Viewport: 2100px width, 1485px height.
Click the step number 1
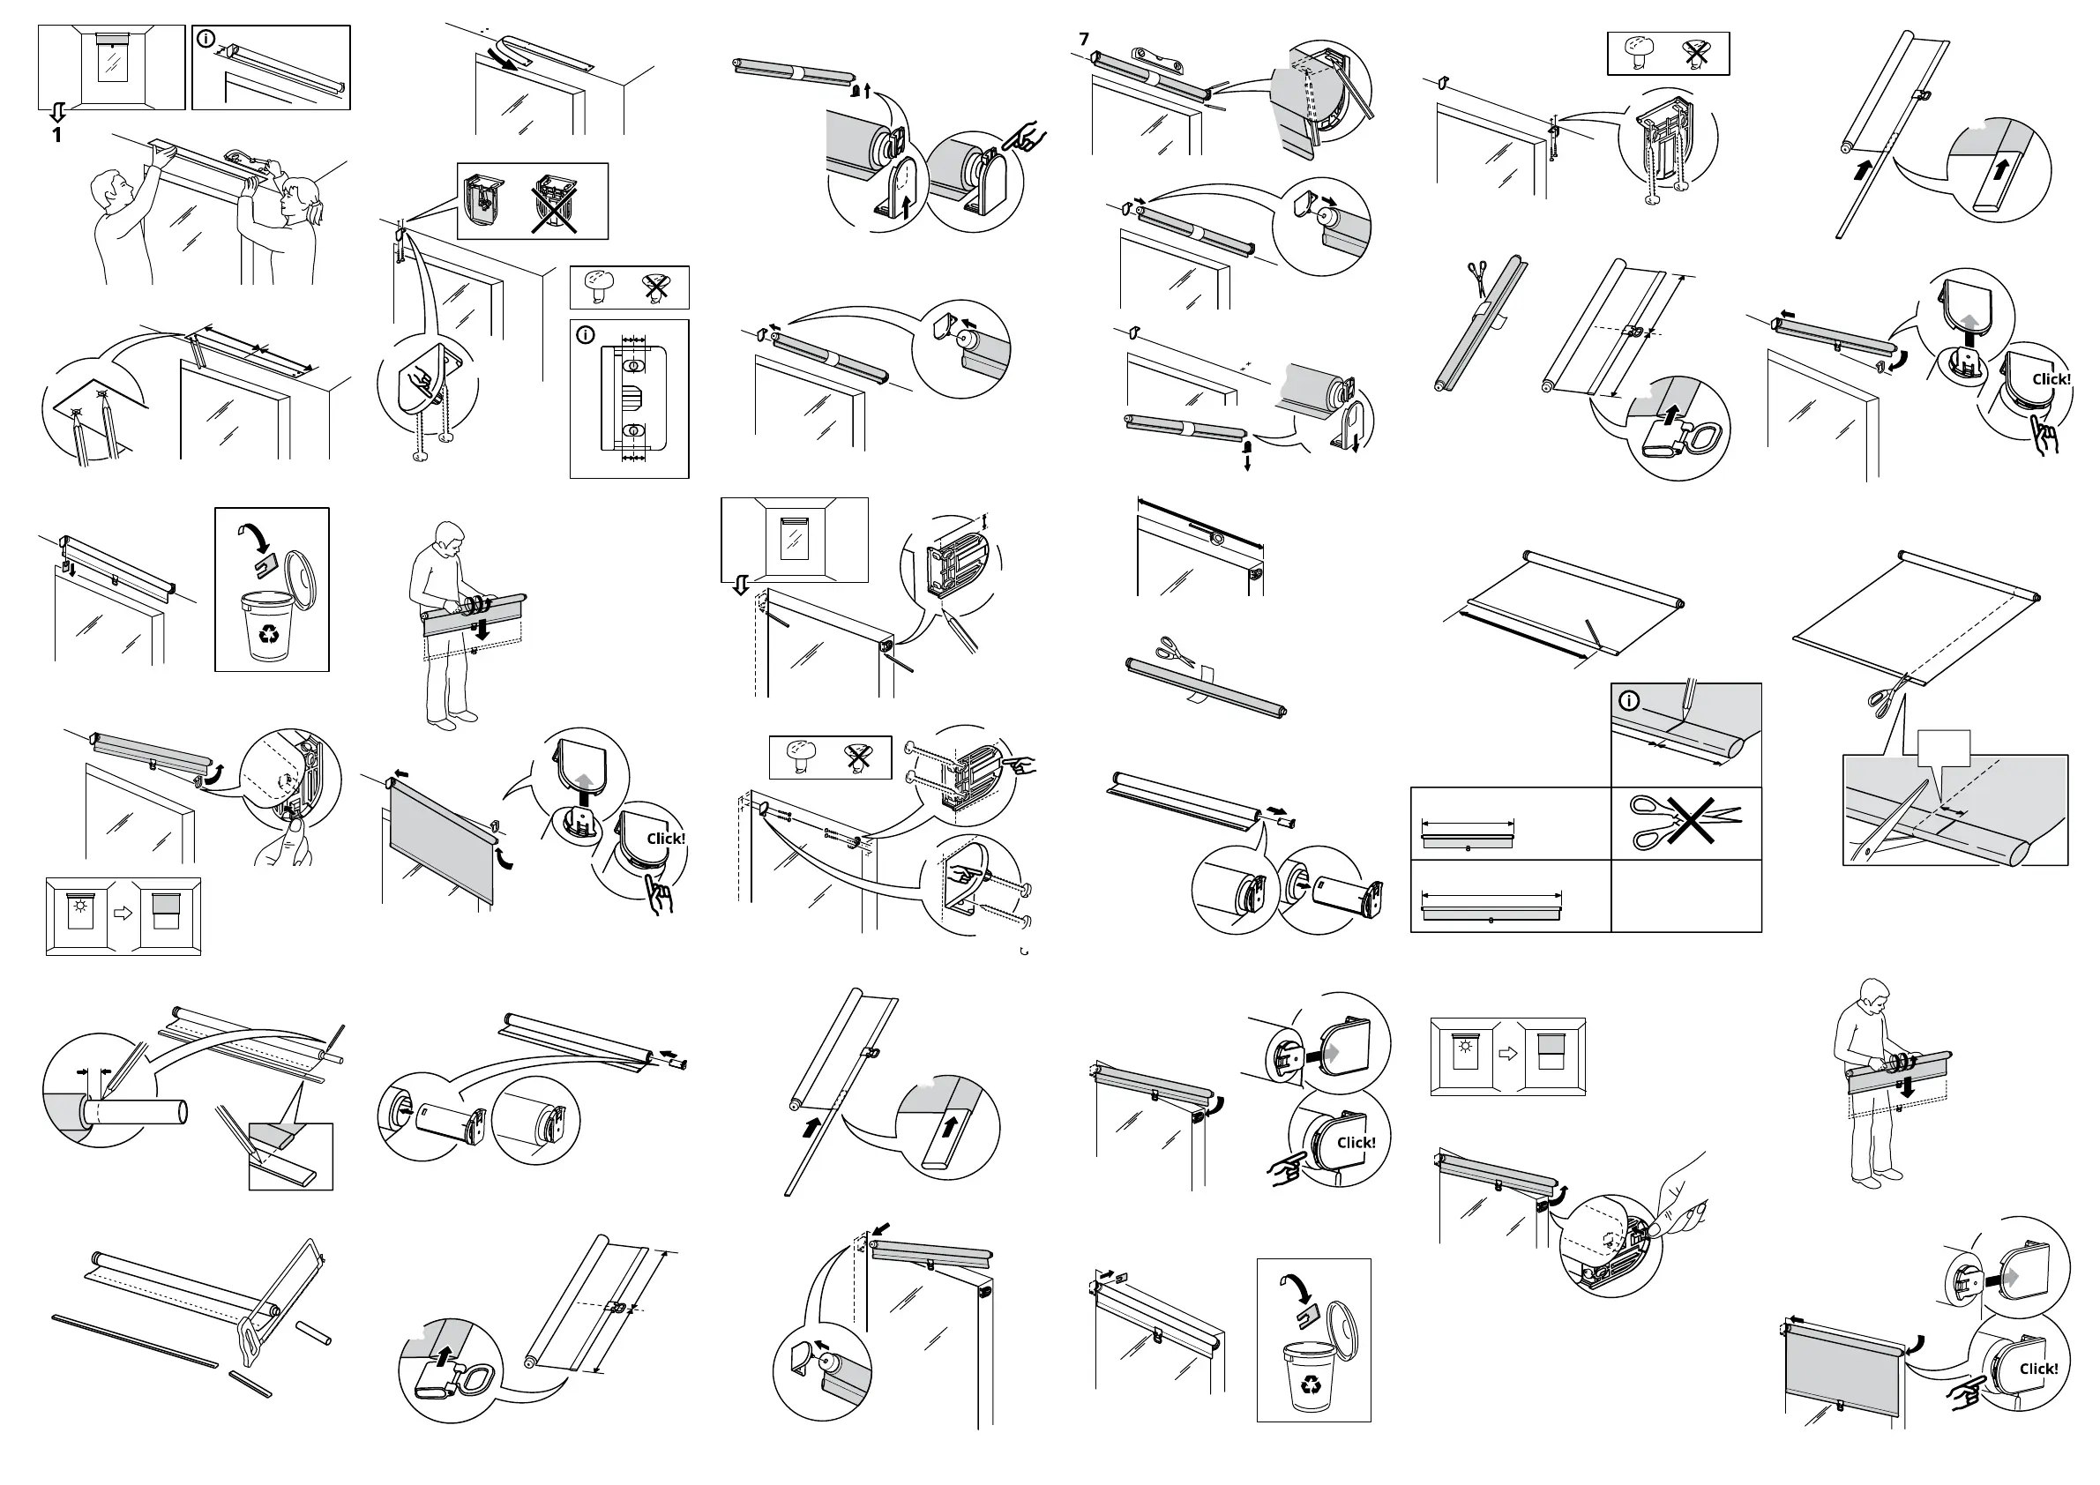point(56,135)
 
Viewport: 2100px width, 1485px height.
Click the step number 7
point(1084,40)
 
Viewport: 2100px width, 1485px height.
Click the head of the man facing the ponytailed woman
point(115,184)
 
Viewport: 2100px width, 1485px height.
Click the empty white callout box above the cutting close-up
point(1943,748)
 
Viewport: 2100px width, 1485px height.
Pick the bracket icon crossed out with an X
point(554,203)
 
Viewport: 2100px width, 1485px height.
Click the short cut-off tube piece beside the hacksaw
point(314,1332)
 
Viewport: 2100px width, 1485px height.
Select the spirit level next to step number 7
point(1159,63)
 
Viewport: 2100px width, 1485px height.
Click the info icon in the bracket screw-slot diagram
point(586,336)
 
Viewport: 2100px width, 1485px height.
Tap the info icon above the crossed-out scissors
point(1629,701)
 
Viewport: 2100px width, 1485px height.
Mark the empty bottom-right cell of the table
point(1685,895)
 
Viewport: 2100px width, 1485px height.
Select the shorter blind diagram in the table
point(1468,835)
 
